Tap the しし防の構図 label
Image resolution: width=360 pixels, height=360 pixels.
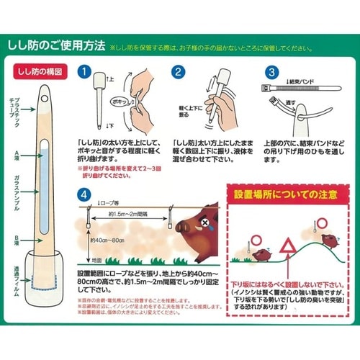36,73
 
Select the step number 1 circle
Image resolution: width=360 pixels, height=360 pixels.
86,73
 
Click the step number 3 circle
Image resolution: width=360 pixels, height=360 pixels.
272,73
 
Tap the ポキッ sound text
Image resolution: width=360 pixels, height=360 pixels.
112,102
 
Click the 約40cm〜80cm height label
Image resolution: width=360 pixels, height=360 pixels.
104,240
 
